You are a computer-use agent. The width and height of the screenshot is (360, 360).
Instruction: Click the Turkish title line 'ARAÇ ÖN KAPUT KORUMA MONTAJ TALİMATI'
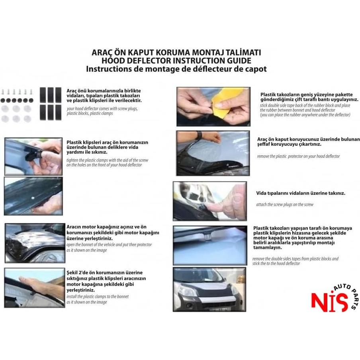pos(176,53)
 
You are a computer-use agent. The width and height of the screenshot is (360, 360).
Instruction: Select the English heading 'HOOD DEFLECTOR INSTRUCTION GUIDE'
pos(176,61)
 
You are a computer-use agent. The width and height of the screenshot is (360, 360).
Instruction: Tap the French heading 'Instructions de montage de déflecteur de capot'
pos(176,68)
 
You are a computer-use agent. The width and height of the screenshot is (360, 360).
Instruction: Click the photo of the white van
pos(209,289)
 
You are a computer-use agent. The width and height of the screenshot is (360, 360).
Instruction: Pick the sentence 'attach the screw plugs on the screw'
pos(285,205)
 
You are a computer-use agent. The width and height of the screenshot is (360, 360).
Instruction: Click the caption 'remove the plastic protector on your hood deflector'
pos(298,157)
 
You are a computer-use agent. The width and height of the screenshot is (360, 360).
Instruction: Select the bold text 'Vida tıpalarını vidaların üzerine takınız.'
pos(301,193)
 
